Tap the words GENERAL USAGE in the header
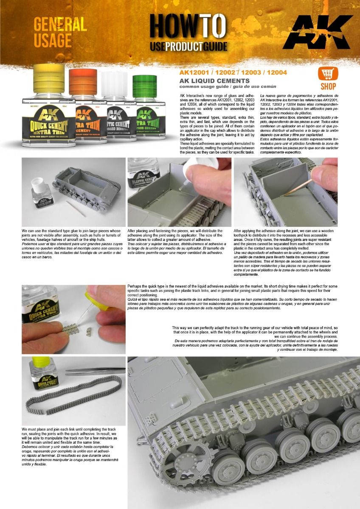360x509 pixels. tap(59, 32)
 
